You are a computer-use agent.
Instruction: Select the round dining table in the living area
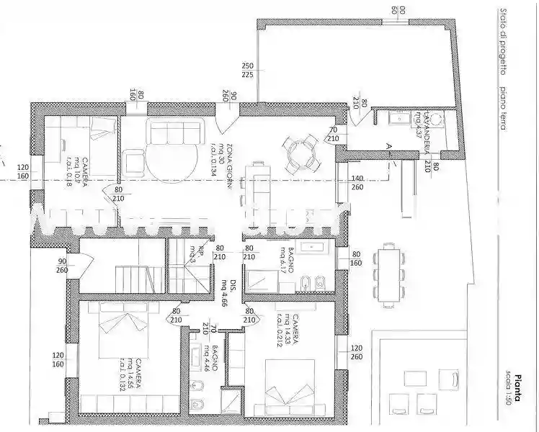(x=298, y=153)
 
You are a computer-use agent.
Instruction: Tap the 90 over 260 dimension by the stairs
(x=62, y=265)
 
